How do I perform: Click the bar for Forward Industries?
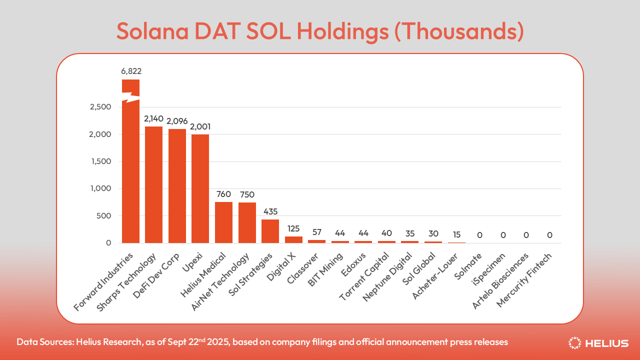[130, 170]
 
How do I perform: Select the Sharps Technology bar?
[153, 185]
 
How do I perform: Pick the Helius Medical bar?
[223, 222]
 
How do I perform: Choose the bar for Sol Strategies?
[270, 231]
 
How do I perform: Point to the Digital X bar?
[293, 239]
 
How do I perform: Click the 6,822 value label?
[131, 71]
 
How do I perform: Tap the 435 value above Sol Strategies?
[270, 211]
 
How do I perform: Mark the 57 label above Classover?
[316, 232]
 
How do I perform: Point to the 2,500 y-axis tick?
[100, 107]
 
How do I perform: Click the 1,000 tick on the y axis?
[101, 188]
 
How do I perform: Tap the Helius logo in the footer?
[598, 343]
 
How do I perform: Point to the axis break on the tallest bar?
[131, 97]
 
